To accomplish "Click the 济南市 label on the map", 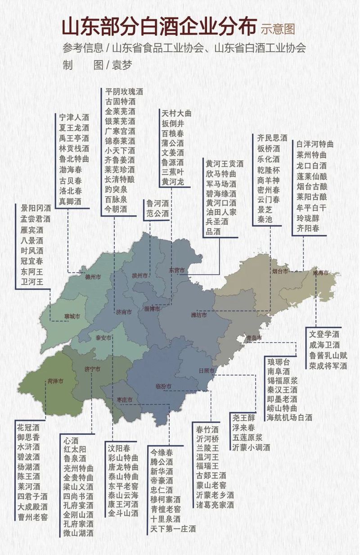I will (x=123, y=311).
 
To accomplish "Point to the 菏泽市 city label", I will (x=55, y=381).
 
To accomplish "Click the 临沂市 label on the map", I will (x=163, y=386).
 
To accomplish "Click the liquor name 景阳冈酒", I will (x=36, y=208).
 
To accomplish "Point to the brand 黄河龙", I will (x=173, y=182).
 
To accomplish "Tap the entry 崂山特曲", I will (x=282, y=408).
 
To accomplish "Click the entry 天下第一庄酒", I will (x=173, y=528).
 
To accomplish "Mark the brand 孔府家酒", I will (x=78, y=523).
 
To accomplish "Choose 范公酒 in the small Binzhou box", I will (x=157, y=213).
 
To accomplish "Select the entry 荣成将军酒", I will (x=328, y=366).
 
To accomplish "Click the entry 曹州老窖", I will (x=32, y=517).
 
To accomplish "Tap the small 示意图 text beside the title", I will (x=278, y=29).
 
